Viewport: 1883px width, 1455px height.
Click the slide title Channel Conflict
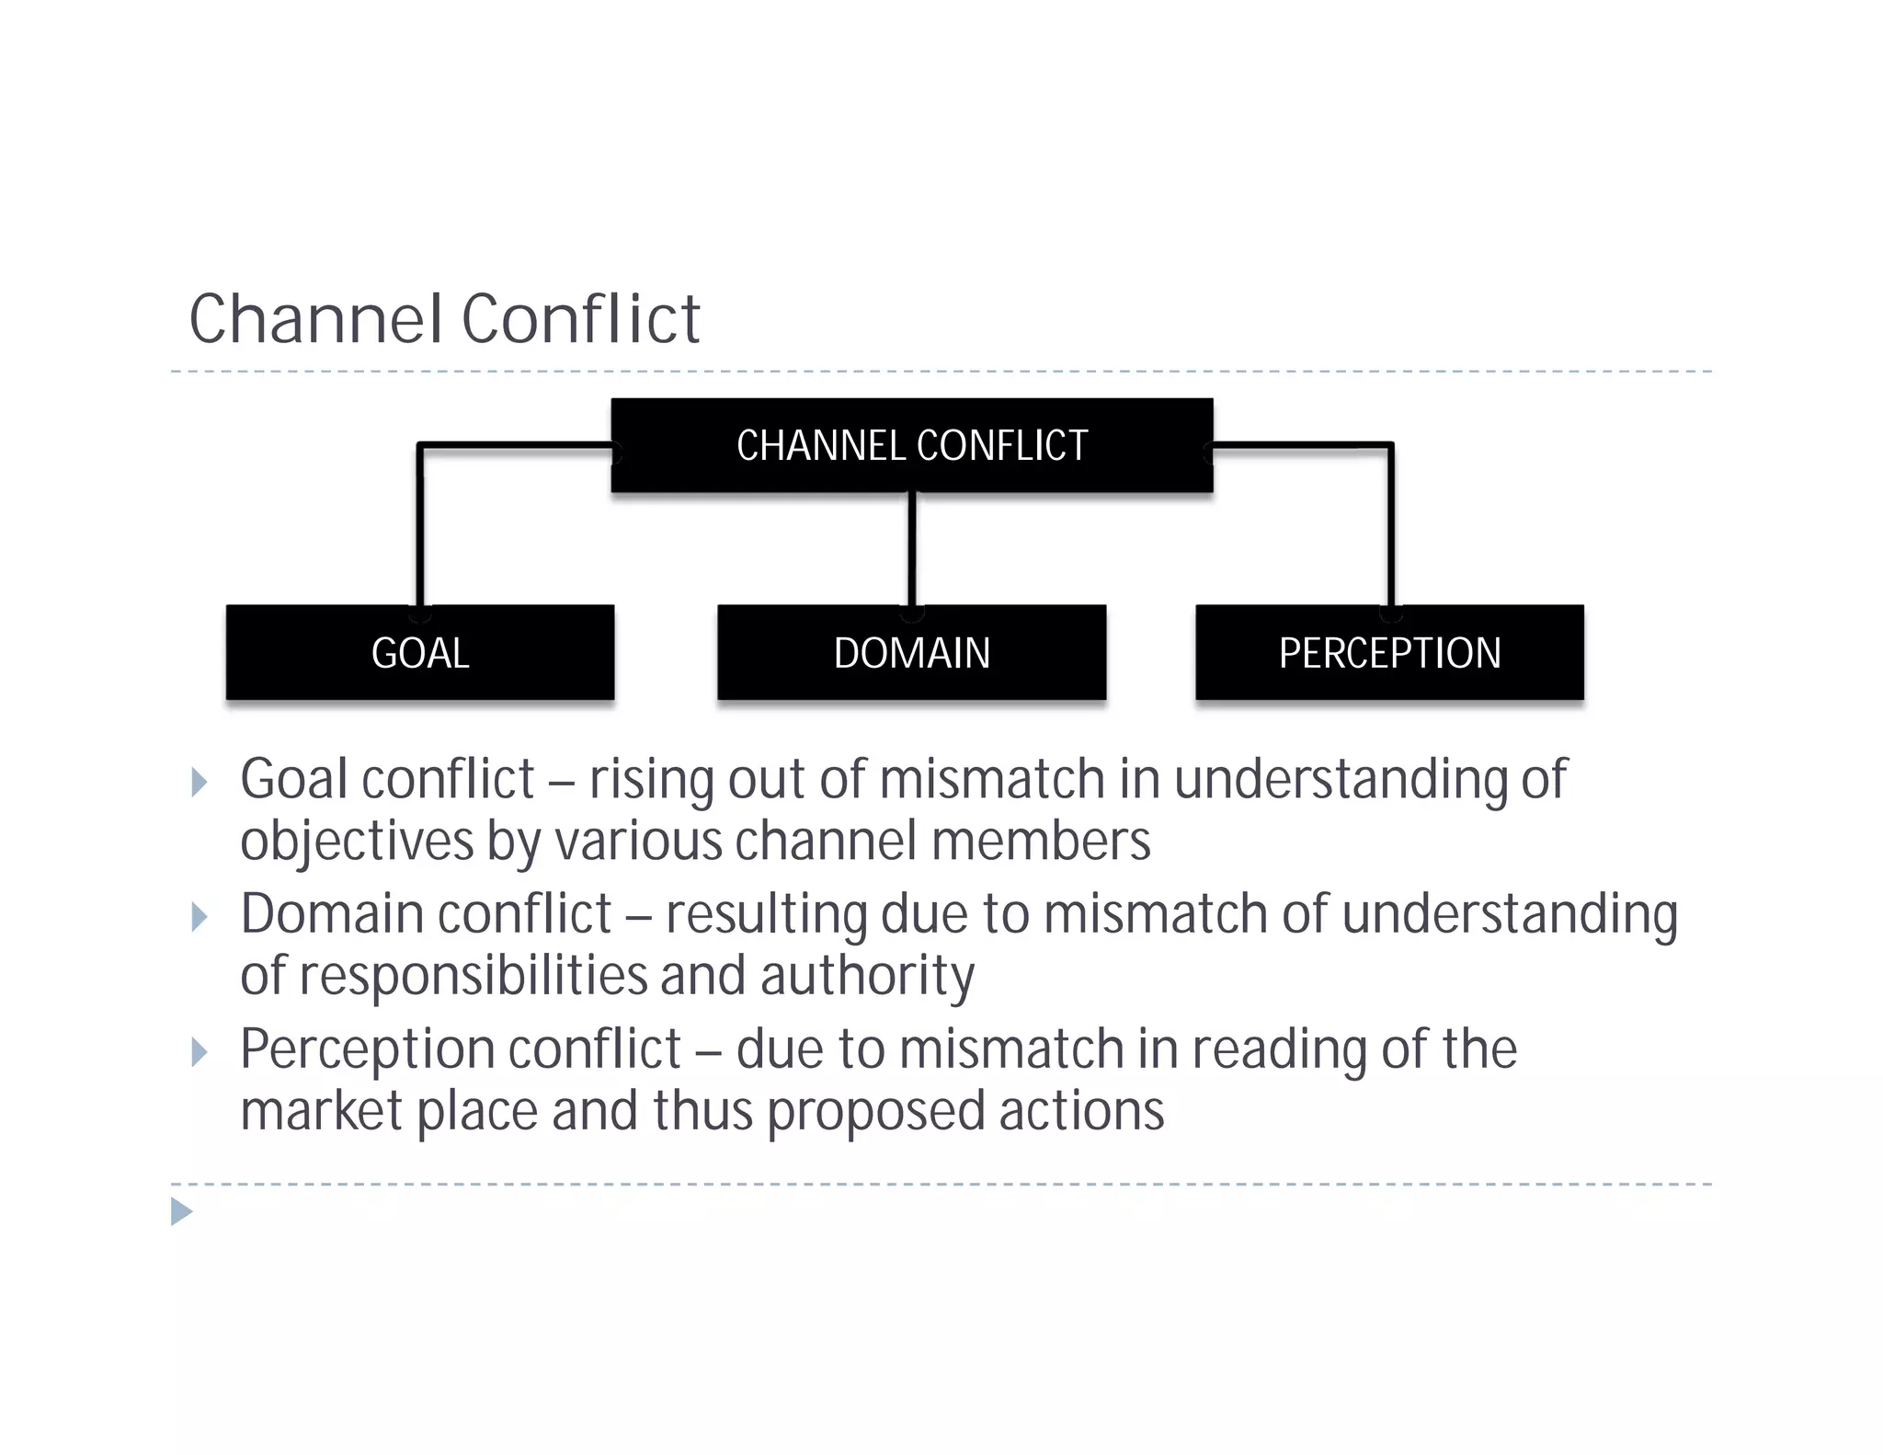444,319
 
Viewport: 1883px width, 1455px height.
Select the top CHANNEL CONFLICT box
911,445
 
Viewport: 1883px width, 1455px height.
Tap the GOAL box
420,653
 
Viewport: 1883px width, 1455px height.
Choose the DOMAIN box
911,653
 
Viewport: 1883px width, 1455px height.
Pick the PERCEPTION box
1389,653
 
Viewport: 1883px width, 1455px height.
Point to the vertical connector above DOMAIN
911,549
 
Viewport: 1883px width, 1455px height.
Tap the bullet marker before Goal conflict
199,783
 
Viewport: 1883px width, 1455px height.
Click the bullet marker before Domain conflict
199,917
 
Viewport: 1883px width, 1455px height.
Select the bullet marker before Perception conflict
199,1051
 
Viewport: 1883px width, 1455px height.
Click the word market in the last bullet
321,1111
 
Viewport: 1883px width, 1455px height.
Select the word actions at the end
1081,1111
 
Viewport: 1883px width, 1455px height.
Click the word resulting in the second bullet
766,915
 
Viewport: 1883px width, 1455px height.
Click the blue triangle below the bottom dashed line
181,1211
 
